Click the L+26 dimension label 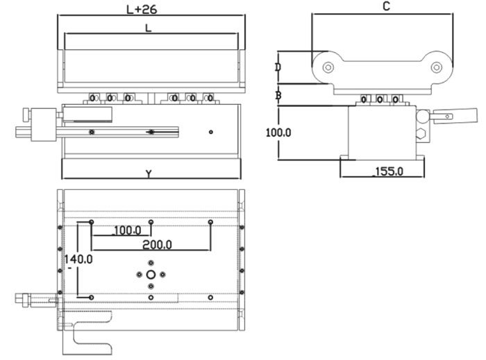[142, 10]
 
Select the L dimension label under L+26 [149, 28]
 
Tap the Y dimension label [149, 174]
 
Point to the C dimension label [386, 6]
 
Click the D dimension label [278, 67]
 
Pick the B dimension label [278, 95]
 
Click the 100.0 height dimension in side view [278, 132]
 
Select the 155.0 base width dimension [389, 171]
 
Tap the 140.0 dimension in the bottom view [78, 259]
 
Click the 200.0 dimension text [157, 245]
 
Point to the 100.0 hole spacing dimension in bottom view [127, 230]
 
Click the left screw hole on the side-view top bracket [328, 67]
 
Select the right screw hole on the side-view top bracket [437, 67]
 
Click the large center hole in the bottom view [151, 275]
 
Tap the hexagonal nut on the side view [421, 134]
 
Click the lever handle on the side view [455, 116]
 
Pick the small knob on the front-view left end [26, 115]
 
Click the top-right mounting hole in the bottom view [211, 222]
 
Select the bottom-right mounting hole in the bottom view [210, 298]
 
